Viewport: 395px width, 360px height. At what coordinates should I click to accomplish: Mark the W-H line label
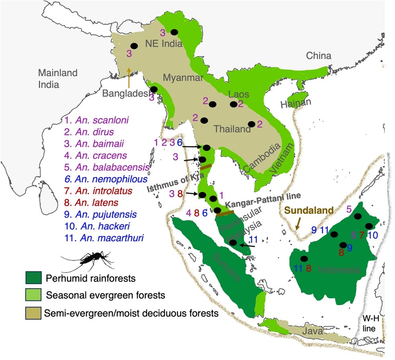click(x=370, y=323)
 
